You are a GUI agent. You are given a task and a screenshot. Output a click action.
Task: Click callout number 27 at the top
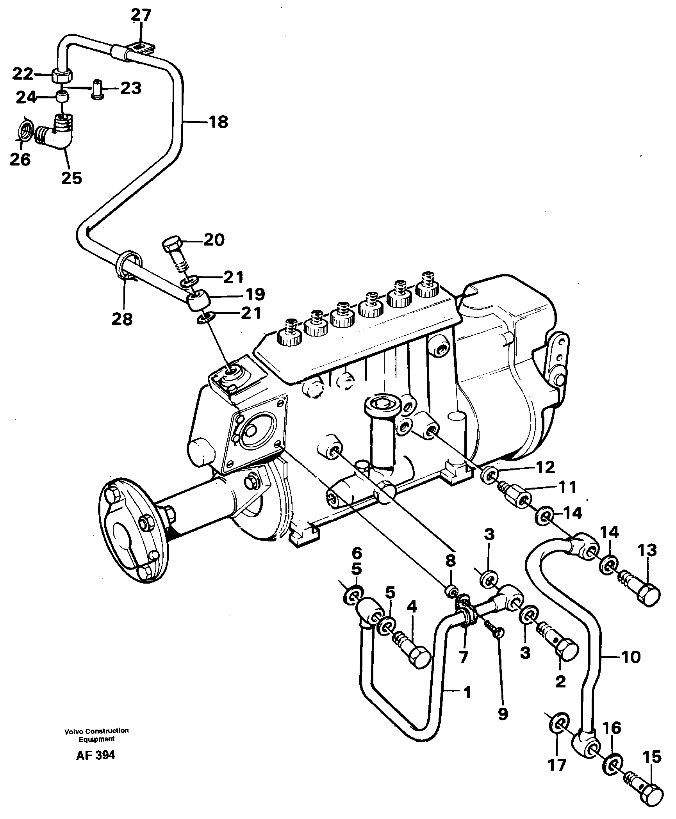click(141, 16)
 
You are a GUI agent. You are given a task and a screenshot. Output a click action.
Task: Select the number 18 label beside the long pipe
click(218, 122)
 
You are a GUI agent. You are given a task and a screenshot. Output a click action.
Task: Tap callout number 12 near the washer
click(546, 467)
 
